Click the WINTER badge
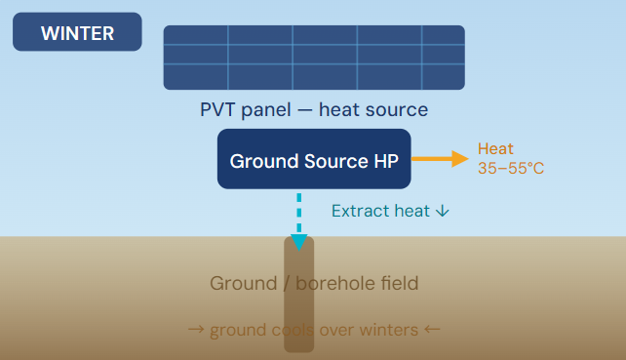click(x=77, y=31)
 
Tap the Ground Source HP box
click(x=314, y=159)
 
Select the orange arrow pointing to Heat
click(x=440, y=159)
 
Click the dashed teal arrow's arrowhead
click(x=299, y=242)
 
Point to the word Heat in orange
click(x=495, y=148)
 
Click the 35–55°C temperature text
click(x=511, y=168)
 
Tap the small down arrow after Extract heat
click(x=443, y=211)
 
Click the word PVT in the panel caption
click(x=217, y=110)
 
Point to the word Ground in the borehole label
click(x=243, y=283)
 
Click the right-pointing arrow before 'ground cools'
click(x=196, y=330)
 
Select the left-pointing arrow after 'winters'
click(x=432, y=330)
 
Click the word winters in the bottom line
click(x=388, y=330)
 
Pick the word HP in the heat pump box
click(x=386, y=161)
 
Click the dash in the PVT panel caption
click(x=304, y=110)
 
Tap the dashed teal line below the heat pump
click(x=299, y=213)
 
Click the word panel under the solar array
click(x=266, y=110)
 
